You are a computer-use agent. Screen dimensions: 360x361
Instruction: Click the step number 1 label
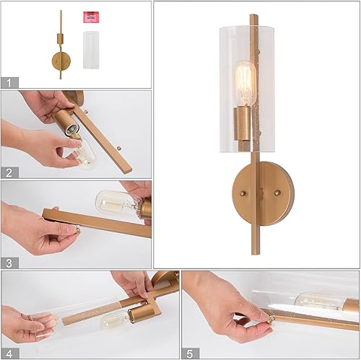(x=9, y=83)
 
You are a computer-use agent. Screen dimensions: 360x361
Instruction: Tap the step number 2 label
(x=9, y=172)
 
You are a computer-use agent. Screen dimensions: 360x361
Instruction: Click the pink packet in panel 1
(x=90, y=17)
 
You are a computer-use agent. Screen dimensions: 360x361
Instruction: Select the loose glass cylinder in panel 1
(x=90, y=50)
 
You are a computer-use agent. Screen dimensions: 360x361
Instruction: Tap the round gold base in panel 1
(x=58, y=61)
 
